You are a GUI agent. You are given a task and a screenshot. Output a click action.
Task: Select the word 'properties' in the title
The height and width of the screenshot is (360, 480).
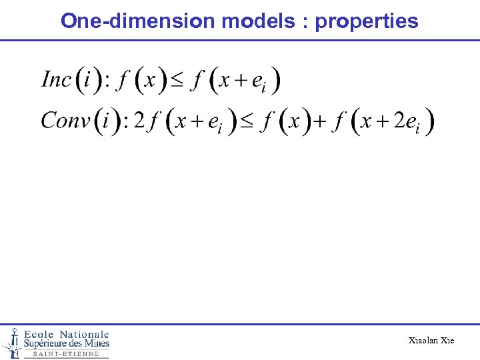pyautogui.click(x=367, y=21)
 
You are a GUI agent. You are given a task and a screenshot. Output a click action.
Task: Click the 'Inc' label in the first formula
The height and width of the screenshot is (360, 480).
pyautogui.click(x=57, y=80)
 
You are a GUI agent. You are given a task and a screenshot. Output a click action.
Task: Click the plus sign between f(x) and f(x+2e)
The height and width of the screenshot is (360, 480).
pyautogui.click(x=320, y=122)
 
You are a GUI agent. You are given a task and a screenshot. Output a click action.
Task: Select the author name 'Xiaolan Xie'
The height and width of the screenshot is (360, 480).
pyautogui.click(x=431, y=341)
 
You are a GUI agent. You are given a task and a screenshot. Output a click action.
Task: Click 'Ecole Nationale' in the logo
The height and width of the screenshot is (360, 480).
pyautogui.click(x=67, y=334)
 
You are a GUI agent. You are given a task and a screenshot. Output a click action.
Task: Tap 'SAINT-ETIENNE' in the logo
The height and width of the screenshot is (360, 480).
pyautogui.click(x=66, y=354)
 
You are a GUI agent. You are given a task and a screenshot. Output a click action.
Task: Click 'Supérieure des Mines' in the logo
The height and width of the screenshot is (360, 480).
pyautogui.click(x=67, y=344)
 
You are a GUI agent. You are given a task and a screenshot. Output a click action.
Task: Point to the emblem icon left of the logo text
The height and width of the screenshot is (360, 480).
pyautogui.click(x=12, y=341)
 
